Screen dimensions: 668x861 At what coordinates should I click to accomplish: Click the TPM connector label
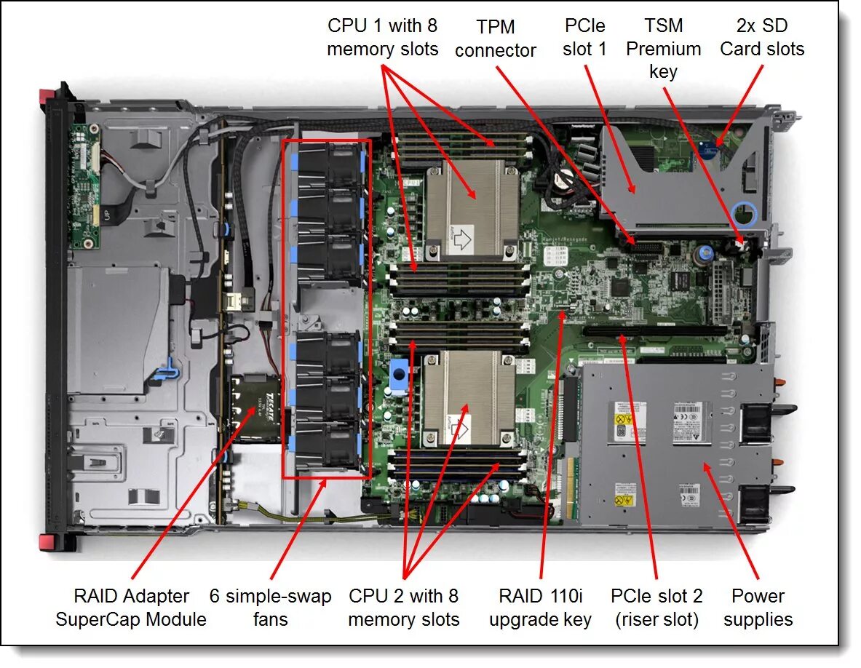click(x=495, y=39)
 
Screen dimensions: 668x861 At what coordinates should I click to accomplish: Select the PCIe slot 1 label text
click(x=585, y=37)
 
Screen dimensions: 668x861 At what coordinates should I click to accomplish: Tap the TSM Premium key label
click(x=663, y=49)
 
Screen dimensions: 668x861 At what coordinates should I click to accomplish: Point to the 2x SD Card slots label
click(x=761, y=38)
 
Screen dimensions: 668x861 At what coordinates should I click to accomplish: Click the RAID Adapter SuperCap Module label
click(x=131, y=608)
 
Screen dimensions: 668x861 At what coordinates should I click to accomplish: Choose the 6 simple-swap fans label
click(x=270, y=608)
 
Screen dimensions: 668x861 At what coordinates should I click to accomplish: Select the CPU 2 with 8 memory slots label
click(x=403, y=608)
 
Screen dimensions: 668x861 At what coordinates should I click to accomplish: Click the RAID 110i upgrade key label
click(x=540, y=608)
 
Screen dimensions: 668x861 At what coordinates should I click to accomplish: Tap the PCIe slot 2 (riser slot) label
click(x=656, y=608)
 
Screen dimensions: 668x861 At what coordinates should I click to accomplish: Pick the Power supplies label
click(x=758, y=608)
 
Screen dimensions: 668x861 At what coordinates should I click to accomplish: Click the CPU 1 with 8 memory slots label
click(x=382, y=38)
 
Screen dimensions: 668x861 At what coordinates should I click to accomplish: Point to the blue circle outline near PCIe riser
click(x=746, y=214)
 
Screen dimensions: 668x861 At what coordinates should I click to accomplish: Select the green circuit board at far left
click(x=85, y=186)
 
